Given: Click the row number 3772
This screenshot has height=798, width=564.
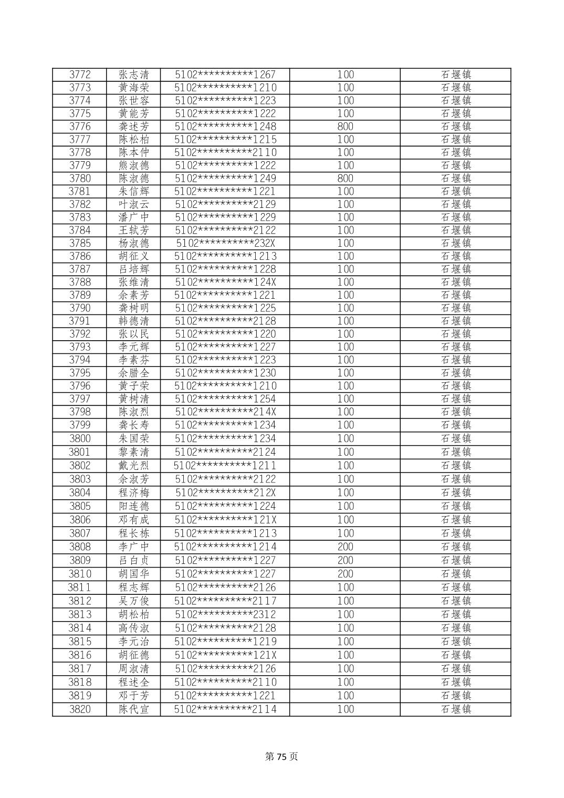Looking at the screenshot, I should pyautogui.click(x=80, y=75).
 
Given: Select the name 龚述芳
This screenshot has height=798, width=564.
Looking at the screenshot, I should pyautogui.click(x=134, y=127).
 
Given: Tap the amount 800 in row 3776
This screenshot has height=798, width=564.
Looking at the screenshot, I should pyautogui.click(x=345, y=127).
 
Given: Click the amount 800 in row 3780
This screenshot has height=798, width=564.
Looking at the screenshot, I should pyautogui.click(x=345, y=178).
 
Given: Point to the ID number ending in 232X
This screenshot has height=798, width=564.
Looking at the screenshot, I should pyautogui.click(x=226, y=243).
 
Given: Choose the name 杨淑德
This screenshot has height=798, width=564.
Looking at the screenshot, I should pyautogui.click(x=134, y=243).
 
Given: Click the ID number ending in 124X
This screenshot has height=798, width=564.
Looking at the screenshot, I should pyautogui.click(x=226, y=282).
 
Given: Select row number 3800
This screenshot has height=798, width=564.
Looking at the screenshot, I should pyautogui.click(x=80, y=438).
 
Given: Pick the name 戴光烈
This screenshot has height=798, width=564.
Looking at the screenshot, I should pyautogui.click(x=134, y=466).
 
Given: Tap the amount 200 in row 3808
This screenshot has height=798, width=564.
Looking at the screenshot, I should pyautogui.click(x=345, y=547).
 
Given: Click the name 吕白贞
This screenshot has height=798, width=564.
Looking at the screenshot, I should pyautogui.click(x=134, y=560).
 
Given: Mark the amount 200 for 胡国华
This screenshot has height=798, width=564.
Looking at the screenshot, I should pyautogui.click(x=345, y=574).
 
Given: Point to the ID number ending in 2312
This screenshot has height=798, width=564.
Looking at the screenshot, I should pyautogui.click(x=226, y=614).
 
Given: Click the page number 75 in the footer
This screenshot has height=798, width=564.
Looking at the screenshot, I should pyautogui.click(x=282, y=757).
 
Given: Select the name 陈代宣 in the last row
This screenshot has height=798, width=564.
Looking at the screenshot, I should pyautogui.click(x=134, y=709).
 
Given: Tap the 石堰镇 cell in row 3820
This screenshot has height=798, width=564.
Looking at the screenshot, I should pyautogui.click(x=456, y=709).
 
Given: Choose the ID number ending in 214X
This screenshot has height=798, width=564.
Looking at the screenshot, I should pyautogui.click(x=226, y=412).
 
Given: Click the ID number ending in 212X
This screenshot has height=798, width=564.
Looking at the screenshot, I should pyautogui.click(x=226, y=492).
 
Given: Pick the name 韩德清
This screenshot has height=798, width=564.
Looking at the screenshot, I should pyautogui.click(x=134, y=321).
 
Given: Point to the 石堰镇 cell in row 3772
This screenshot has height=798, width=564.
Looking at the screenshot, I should pyautogui.click(x=456, y=75).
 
